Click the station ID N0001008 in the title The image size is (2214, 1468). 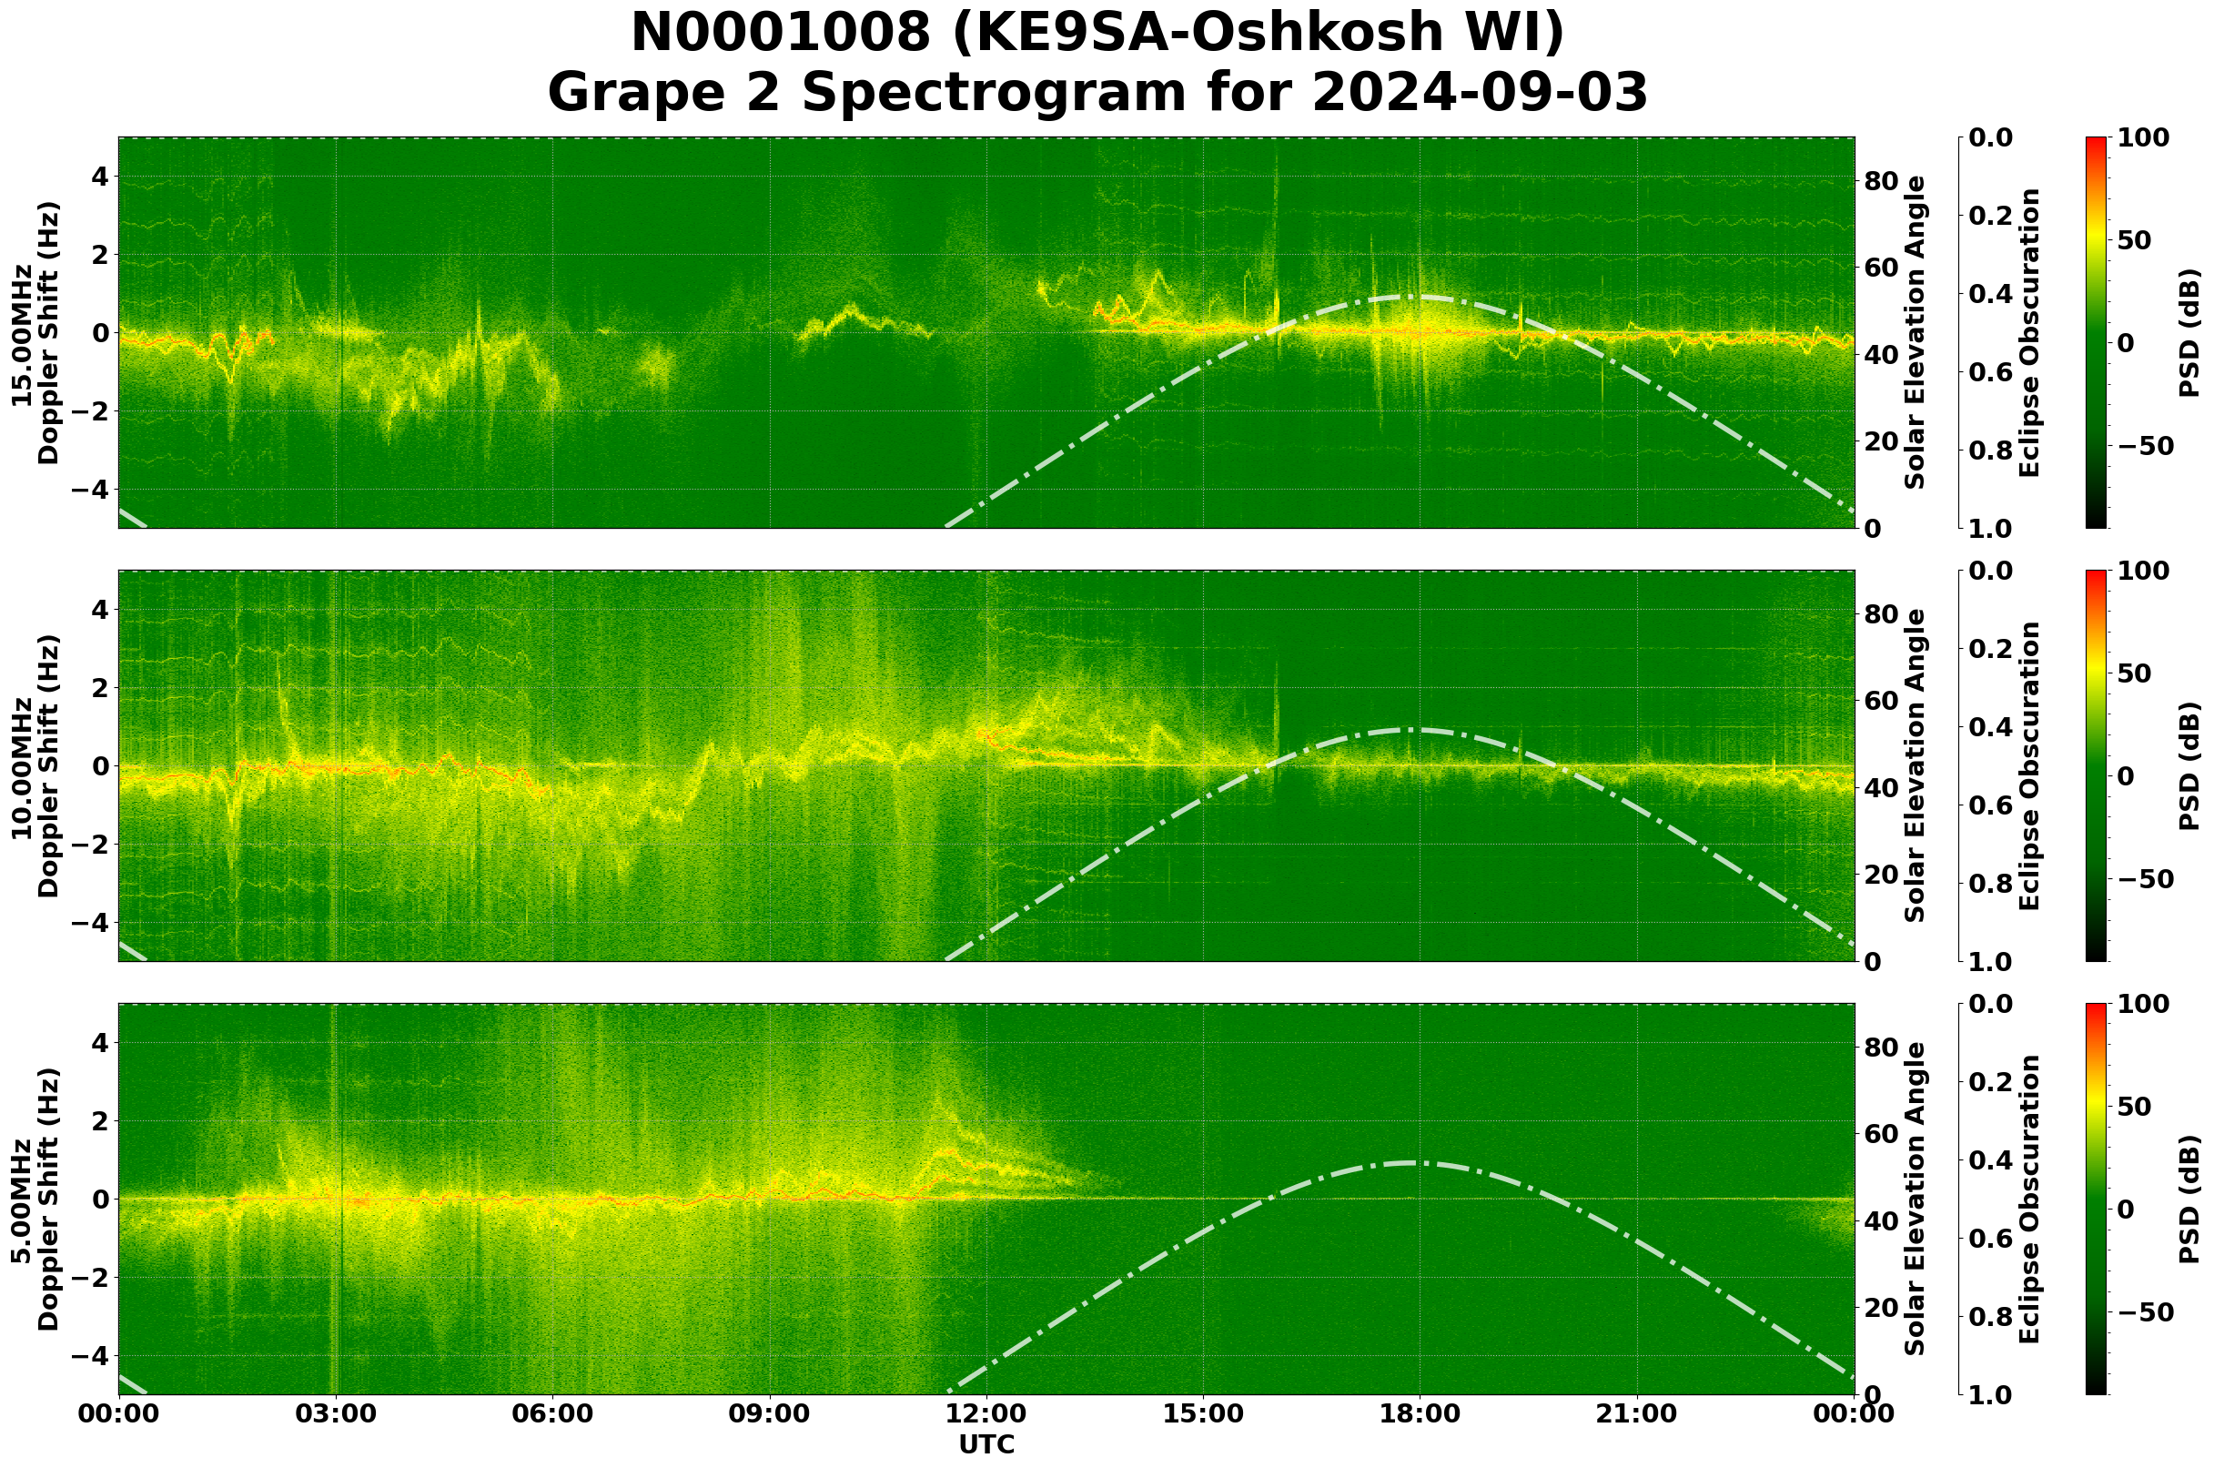pos(781,34)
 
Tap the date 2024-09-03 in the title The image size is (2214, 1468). pos(1479,94)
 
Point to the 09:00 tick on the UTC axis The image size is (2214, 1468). pos(770,1439)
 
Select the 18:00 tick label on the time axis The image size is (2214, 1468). pos(1420,1439)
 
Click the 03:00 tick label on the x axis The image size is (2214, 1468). pos(336,1439)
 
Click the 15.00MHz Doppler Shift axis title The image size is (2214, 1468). pos(35,333)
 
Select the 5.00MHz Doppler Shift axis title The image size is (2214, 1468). pos(35,1200)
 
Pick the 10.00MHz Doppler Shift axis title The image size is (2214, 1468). pos(35,765)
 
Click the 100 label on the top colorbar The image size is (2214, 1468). pos(2143,137)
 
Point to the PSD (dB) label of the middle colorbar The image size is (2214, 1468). pos(2189,765)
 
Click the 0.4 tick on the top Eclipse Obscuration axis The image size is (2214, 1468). pos(1992,294)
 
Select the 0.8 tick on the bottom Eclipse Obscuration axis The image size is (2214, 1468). pos(1992,1316)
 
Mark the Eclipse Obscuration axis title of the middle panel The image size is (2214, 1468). pos(2029,765)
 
